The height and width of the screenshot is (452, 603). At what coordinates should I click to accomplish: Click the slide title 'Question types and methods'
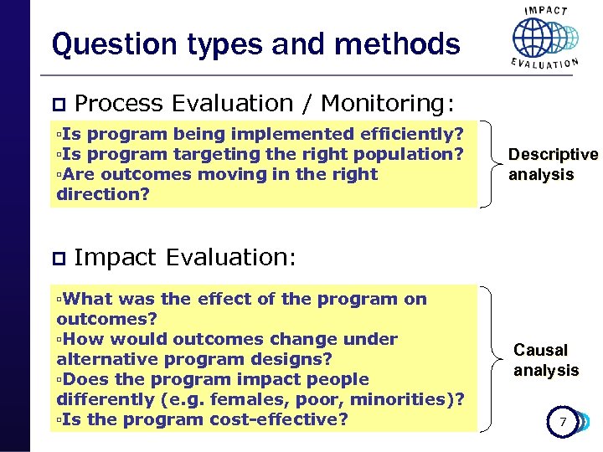(255, 44)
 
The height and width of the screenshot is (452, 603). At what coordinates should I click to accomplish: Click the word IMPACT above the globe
(546, 11)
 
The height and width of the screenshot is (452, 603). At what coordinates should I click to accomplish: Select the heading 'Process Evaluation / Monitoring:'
(265, 103)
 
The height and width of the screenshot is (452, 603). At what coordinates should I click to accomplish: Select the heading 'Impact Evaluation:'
(184, 257)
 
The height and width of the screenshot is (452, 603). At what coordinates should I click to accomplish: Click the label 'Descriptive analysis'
(553, 164)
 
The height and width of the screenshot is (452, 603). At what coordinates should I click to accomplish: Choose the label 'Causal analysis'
(546, 360)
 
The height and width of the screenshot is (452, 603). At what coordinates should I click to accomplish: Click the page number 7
(564, 423)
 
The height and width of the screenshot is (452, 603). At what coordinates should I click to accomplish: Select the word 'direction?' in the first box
(100, 194)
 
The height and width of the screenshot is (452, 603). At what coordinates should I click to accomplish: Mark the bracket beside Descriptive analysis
(484, 164)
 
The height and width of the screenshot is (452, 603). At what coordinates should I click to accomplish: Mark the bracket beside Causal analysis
(485, 359)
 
